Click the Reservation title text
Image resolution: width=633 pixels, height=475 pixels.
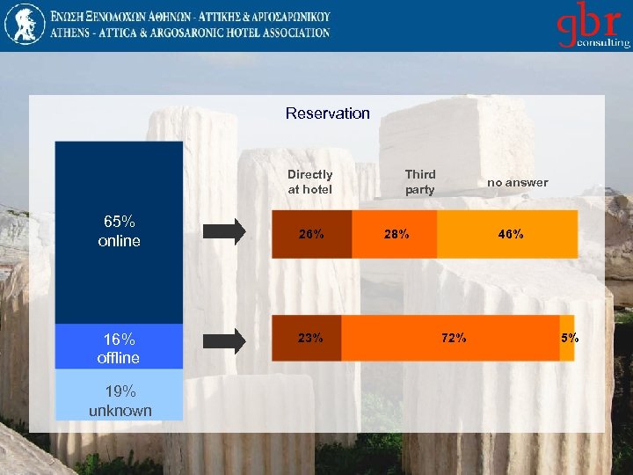327,113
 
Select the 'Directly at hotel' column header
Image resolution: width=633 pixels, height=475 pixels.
309,182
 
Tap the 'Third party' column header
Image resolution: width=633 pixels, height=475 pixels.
419,182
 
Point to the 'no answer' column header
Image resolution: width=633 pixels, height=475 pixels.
517,183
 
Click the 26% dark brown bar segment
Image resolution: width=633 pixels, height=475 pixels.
311,234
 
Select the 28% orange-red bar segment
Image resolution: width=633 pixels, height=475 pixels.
395,234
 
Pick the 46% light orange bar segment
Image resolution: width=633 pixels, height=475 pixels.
508,234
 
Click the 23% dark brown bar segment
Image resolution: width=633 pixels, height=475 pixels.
307,338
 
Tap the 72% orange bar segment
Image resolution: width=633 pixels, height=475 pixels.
450,338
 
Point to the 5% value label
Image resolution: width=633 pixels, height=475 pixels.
570,338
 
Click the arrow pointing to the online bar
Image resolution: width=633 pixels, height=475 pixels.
225,232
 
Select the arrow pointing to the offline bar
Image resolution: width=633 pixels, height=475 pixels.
225,339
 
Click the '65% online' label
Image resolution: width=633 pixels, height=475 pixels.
119,231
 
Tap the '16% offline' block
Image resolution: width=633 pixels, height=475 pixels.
119,348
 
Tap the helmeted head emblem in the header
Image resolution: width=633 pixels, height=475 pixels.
24,24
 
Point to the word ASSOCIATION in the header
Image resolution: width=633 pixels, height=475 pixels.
297,33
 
